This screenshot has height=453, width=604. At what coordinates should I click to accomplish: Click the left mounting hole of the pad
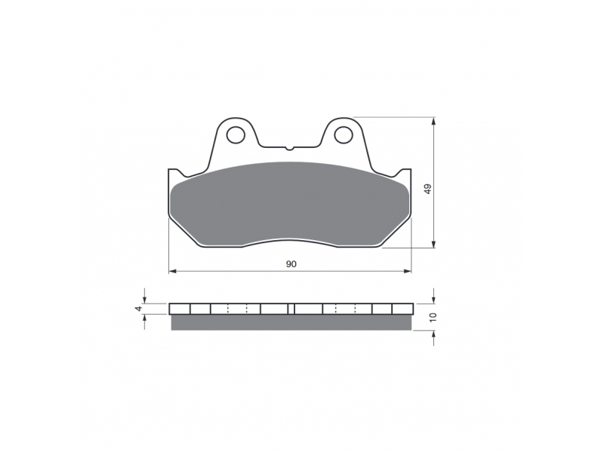[x=236, y=135]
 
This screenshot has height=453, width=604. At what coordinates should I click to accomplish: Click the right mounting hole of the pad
[x=344, y=135]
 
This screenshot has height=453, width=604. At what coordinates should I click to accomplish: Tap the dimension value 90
[x=291, y=263]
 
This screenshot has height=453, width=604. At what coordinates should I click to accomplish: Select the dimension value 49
[x=428, y=190]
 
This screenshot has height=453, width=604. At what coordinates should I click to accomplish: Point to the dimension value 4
[x=140, y=308]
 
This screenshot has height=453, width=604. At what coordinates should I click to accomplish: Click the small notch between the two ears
[x=290, y=147]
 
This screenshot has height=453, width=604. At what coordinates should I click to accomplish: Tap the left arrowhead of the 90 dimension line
[x=173, y=271]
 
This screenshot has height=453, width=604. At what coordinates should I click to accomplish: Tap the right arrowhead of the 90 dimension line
[x=408, y=271]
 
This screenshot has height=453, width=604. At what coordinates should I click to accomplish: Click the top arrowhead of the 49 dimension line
[x=434, y=121]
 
